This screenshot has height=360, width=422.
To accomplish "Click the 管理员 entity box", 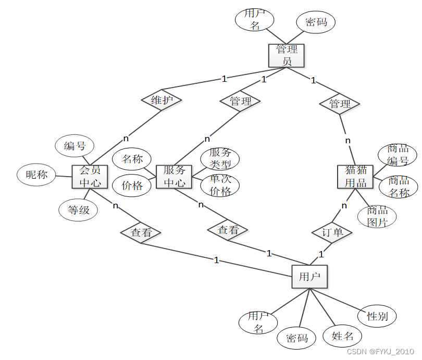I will click(x=286, y=55).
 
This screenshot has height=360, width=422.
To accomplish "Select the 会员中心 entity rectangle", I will click(x=90, y=177).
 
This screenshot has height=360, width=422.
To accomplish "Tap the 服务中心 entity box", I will click(x=174, y=177).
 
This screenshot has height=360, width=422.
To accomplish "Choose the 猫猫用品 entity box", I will click(x=355, y=176).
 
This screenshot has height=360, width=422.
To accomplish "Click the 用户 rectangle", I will click(x=309, y=277).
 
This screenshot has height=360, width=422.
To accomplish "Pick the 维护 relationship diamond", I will click(x=162, y=100).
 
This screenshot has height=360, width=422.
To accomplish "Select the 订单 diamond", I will click(x=332, y=232).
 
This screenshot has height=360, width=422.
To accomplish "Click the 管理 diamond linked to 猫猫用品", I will click(x=340, y=104).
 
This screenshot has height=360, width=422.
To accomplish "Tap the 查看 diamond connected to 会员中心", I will click(x=141, y=233).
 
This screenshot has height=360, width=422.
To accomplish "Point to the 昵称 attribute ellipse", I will click(x=36, y=175).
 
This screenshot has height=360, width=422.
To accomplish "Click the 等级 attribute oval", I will click(x=78, y=210).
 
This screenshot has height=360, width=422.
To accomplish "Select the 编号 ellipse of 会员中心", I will click(x=75, y=146).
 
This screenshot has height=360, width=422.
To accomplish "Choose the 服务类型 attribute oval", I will click(x=220, y=158).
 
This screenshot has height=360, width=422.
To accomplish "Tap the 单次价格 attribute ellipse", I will click(x=220, y=185).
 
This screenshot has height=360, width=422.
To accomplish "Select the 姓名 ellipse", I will click(x=342, y=336).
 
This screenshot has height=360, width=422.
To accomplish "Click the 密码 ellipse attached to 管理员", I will click(x=316, y=22).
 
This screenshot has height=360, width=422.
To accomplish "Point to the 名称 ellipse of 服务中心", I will click(x=132, y=159).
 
